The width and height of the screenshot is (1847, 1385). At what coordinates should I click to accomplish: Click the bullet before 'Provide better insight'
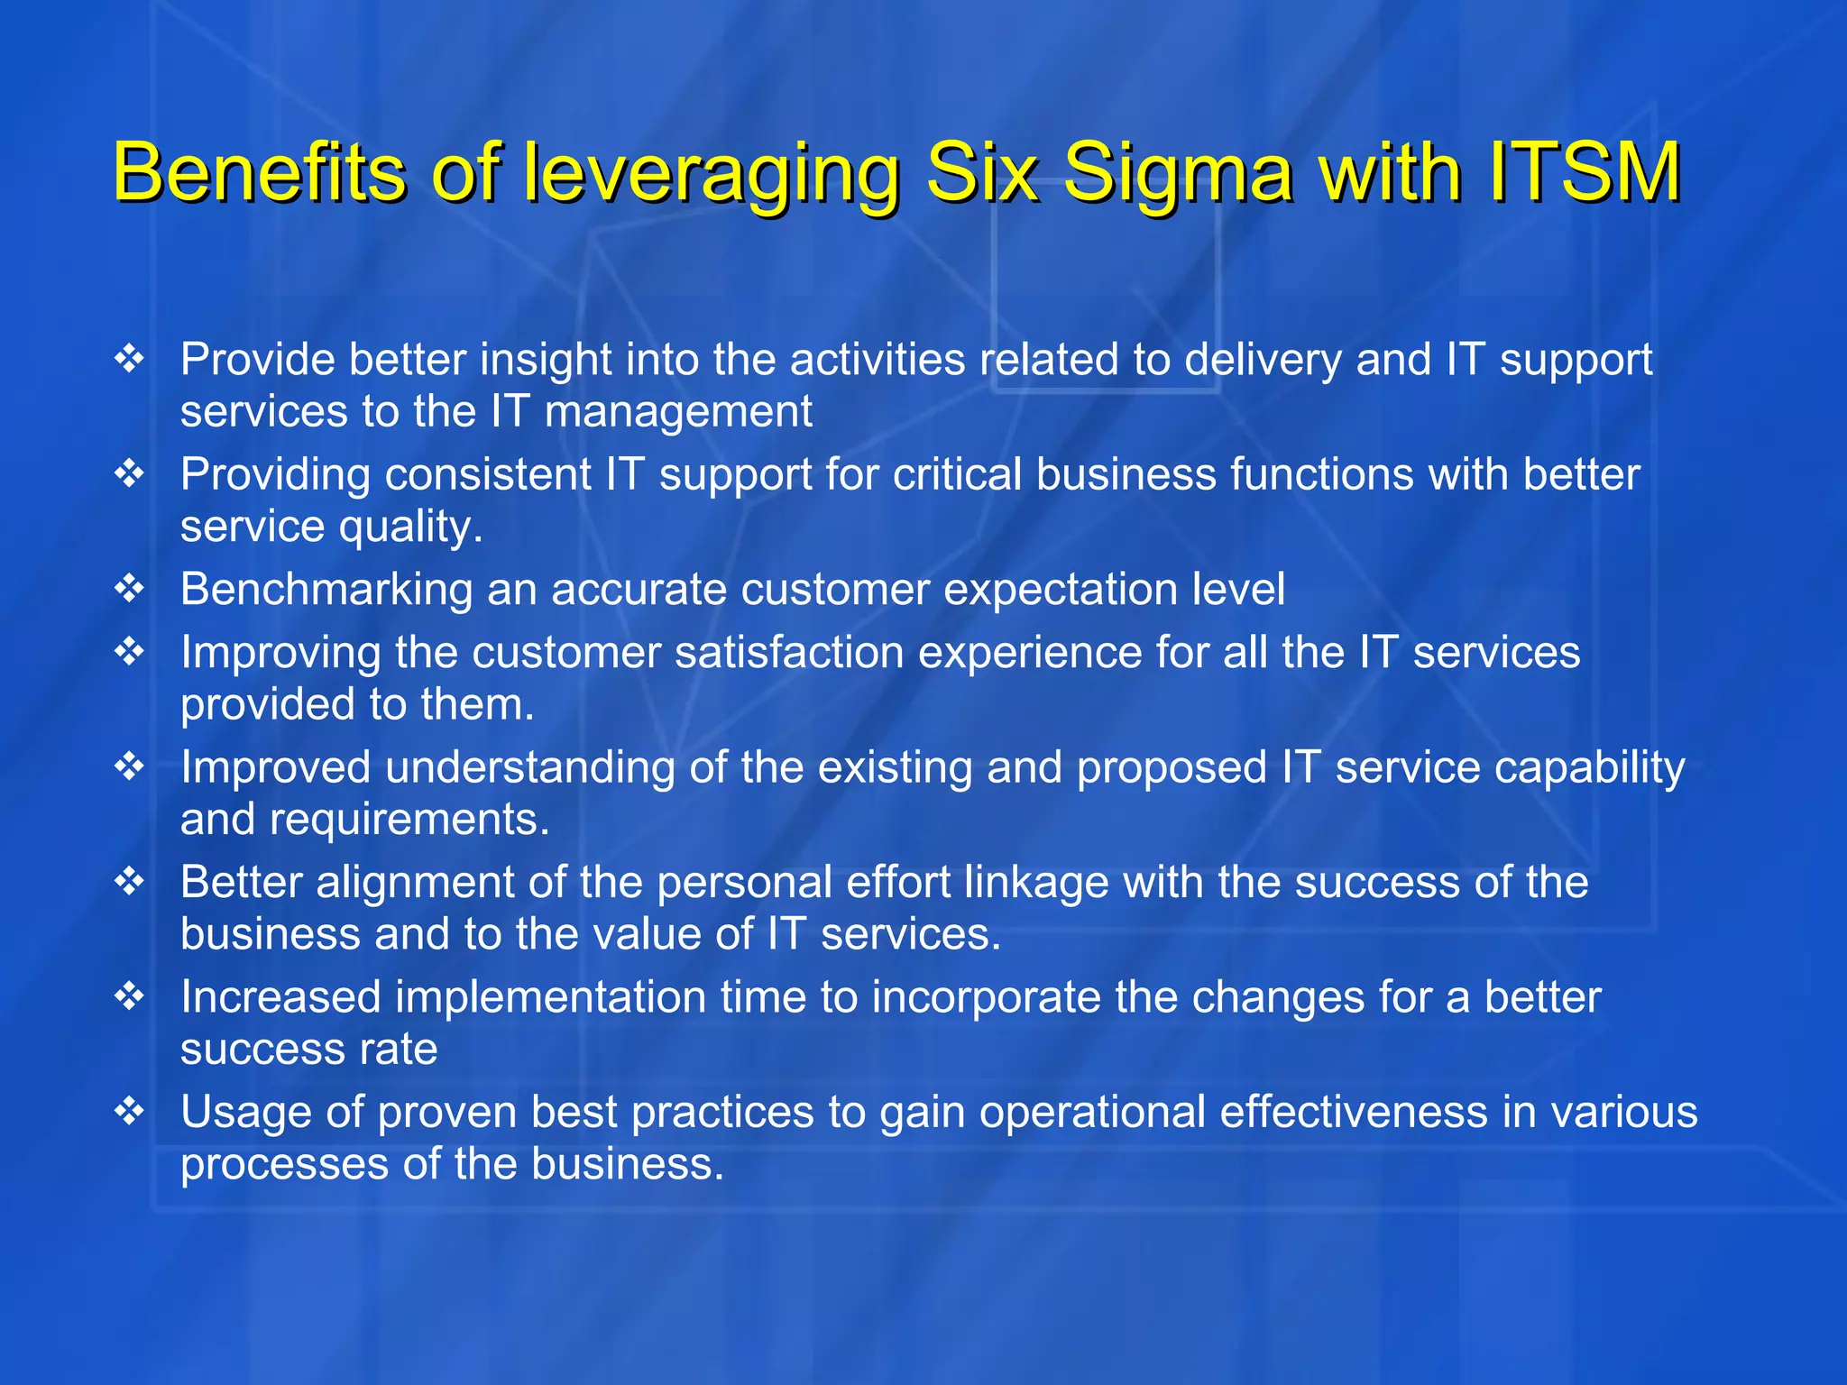point(130,359)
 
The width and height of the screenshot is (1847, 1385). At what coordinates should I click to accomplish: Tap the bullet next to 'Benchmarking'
point(130,589)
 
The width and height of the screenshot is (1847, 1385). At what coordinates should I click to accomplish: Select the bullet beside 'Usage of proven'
point(130,1111)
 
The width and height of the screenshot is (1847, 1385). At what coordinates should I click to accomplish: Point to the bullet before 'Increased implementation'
point(130,996)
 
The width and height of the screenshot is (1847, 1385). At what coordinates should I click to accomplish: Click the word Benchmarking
point(326,590)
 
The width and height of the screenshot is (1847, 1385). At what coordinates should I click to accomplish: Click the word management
point(678,412)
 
